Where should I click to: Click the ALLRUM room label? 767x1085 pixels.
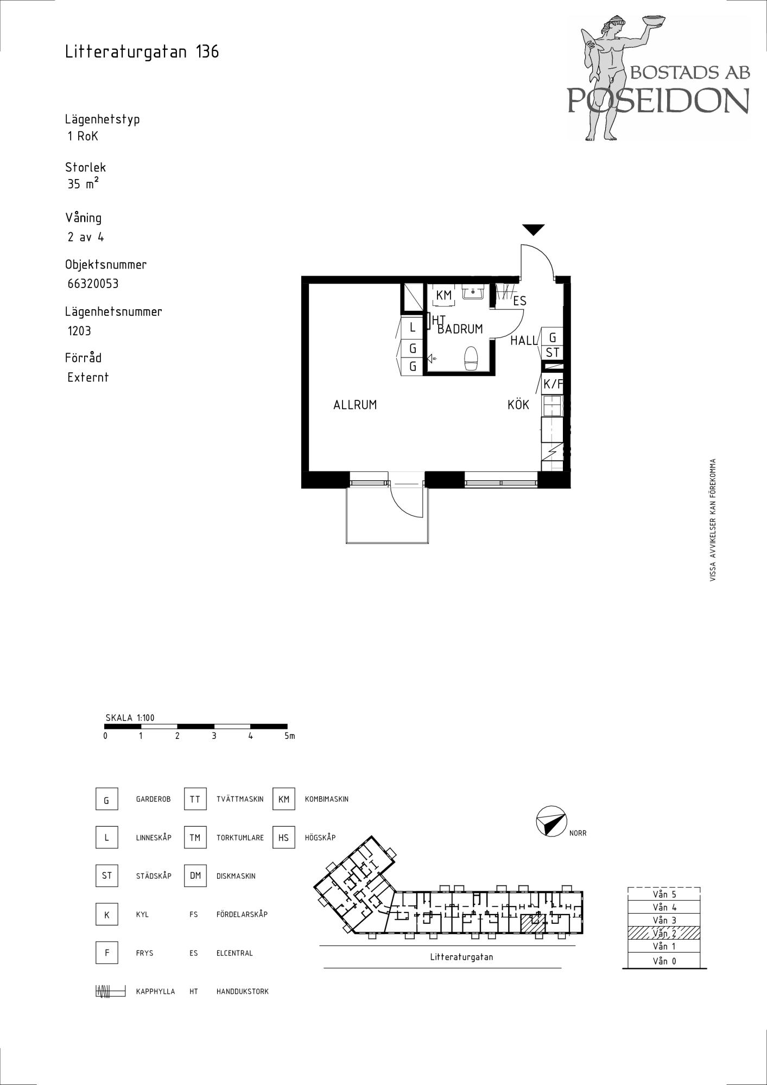click(x=355, y=405)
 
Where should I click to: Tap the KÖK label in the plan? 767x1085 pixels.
click(x=518, y=404)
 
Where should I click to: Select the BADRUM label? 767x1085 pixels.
click(x=460, y=329)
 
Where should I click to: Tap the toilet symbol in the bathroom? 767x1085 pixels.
click(x=471, y=359)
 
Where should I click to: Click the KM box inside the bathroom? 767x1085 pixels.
click(x=444, y=296)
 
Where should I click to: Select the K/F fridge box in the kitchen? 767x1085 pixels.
click(x=553, y=384)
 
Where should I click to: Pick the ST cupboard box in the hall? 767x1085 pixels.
click(x=553, y=353)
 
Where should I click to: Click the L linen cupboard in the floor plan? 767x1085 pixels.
click(x=413, y=328)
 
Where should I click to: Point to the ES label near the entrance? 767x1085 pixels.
click(x=519, y=301)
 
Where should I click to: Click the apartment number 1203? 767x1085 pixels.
click(x=79, y=331)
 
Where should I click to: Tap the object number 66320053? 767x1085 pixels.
click(x=93, y=284)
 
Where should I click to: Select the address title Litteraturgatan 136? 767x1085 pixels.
click(x=142, y=52)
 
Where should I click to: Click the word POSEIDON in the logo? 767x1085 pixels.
click(x=658, y=100)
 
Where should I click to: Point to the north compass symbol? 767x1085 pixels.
click(x=551, y=821)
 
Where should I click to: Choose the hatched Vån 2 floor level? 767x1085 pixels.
click(x=664, y=933)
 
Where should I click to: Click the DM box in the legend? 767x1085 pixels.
click(x=195, y=876)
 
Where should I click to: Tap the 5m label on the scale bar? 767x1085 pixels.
click(x=289, y=736)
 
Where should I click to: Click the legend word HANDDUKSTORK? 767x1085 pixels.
click(x=243, y=991)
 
